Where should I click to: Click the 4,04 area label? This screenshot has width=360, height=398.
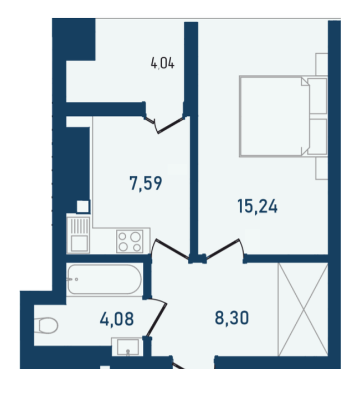click(x=163, y=63)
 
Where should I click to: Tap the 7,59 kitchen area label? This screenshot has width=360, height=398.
click(x=146, y=183)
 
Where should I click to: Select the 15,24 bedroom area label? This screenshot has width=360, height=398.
click(x=258, y=206)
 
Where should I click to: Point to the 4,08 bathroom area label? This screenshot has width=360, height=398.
click(x=117, y=319)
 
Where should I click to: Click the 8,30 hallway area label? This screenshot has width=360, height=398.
click(x=232, y=318)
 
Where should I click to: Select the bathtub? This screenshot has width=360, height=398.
click(x=104, y=279)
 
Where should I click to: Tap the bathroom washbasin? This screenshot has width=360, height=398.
click(x=127, y=347)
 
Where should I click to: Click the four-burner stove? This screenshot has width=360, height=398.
click(x=130, y=241)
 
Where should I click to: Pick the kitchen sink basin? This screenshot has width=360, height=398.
click(x=79, y=243)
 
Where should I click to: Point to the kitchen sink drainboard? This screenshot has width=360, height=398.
click(x=80, y=226)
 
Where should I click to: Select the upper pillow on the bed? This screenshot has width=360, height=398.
click(x=317, y=96)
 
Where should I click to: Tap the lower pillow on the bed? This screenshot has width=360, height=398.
click(x=317, y=136)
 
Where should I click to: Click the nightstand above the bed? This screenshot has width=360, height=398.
click(x=322, y=64)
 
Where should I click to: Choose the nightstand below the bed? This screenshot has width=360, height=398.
click(x=322, y=168)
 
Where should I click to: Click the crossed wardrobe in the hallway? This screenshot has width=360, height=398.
click(x=303, y=309)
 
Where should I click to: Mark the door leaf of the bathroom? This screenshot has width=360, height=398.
click(x=156, y=320)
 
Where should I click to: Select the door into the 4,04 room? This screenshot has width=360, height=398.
click(x=170, y=125)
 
